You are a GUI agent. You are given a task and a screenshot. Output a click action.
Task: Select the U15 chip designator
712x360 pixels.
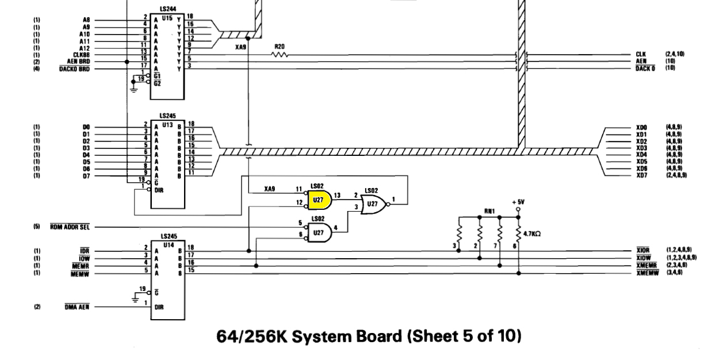[167, 19]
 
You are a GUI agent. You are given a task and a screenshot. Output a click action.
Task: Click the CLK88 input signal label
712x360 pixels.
[82, 55]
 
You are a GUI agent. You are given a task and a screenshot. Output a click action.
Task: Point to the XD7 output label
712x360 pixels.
[642, 175]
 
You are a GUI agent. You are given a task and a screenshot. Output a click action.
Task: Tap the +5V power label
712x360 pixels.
[518, 202]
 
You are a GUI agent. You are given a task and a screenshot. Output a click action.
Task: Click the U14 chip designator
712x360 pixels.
[167, 244]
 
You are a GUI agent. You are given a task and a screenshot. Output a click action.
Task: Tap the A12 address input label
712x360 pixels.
[86, 48]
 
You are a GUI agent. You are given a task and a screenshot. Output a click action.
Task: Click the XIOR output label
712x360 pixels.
[642, 251]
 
